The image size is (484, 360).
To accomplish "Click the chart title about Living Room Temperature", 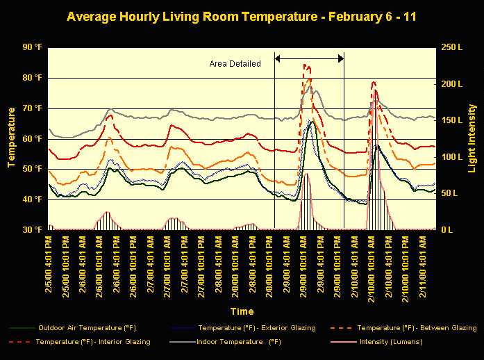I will [x=242, y=15].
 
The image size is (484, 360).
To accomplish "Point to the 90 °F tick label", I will [x=32, y=47].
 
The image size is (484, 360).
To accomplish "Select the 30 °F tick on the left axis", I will [x=32, y=229].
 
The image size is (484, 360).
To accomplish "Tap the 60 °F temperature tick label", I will [x=32, y=138].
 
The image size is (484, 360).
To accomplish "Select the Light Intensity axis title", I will [x=473, y=138].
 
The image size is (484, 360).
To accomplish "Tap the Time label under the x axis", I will [x=242, y=311].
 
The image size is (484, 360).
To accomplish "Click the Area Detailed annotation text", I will [x=235, y=64].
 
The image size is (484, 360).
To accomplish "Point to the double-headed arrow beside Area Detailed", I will [x=310, y=58].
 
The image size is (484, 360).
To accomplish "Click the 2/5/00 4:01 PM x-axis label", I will [x=50, y=257].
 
